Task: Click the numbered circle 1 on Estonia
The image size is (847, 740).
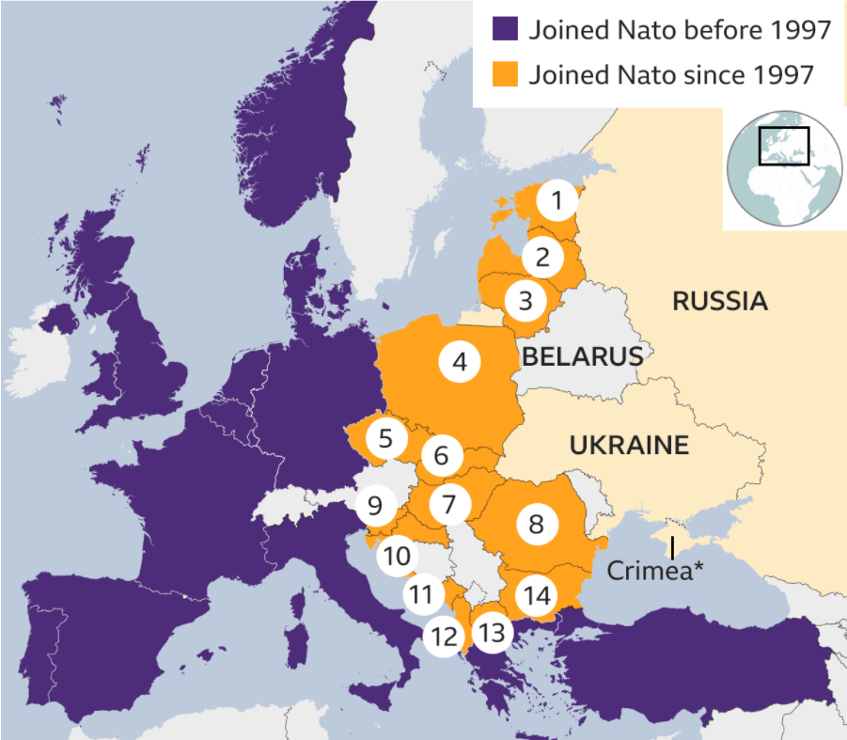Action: pyautogui.click(x=557, y=200)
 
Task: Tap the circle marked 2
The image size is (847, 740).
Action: pyautogui.click(x=542, y=255)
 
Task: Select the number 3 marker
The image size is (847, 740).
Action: pyautogui.click(x=525, y=302)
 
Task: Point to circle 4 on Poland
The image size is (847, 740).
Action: pyautogui.click(x=460, y=361)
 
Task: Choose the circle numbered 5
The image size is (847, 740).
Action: pyautogui.click(x=386, y=438)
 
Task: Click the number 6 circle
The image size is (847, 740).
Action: pyautogui.click(x=442, y=457)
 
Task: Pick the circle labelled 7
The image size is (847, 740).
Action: pyautogui.click(x=449, y=505)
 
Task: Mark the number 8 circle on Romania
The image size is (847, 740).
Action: pyautogui.click(x=537, y=524)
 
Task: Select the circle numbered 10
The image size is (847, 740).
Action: pyautogui.click(x=397, y=557)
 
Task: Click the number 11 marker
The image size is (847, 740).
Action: pyautogui.click(x=423, y=594)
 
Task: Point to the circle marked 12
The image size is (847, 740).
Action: pyautogui.click(x=443, y=637)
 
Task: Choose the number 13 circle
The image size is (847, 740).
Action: pyautogui.click(x=492, y=633)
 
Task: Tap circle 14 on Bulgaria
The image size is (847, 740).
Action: pyautogui.click(x=537, y=595)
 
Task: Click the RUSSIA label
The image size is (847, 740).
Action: pyautogui.click(x=720, y=302)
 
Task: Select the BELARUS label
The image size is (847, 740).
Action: pyautogui.click(x=582, y=356)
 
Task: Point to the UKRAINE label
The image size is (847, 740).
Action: pyautogui.click(x=629, y=445)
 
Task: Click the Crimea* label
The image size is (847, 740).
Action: pyautogui.click(x=655, y=570)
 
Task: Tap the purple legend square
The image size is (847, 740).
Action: pyautogui.click(x=506, y=29)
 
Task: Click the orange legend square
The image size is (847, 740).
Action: pyautogui.click(x=506, y=74)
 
